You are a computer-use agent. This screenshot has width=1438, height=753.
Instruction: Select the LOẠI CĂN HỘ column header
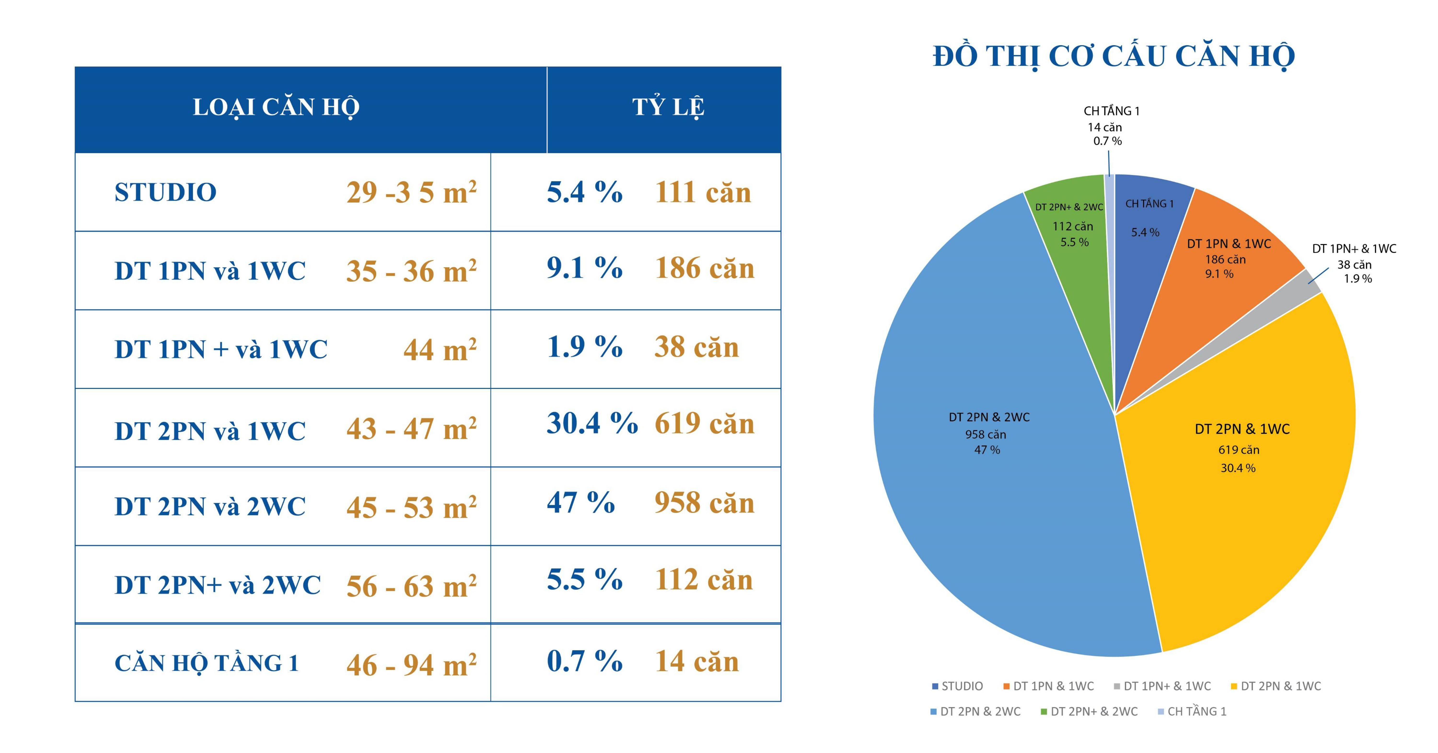pos(276,107)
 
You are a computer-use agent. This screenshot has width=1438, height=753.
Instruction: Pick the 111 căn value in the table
pos(703,192)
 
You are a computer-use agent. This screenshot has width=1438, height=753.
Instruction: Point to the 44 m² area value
pos(440,350)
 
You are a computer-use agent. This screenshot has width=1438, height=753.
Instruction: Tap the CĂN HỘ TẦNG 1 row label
pos(207,663)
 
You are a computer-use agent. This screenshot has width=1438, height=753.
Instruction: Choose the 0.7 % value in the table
pos(584,661)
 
